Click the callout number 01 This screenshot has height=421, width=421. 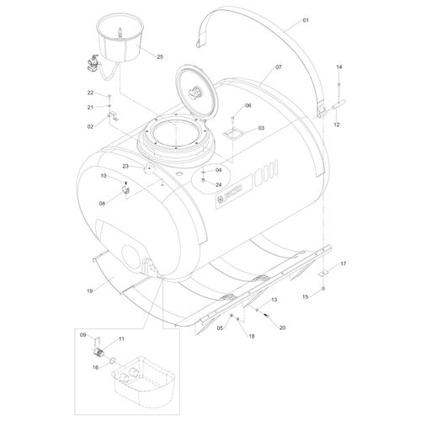[306, 20]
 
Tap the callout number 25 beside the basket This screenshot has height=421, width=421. [160, 56]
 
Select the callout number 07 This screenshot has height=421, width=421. [278, 67]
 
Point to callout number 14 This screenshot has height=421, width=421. [339, 67]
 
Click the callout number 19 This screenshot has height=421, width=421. [89, 290]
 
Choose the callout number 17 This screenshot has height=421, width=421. [343, 264]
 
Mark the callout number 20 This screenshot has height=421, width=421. [282, 328]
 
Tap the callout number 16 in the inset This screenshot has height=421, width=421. [95, 367]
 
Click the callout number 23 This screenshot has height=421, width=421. [125, 166]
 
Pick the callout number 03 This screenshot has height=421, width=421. [261, 128]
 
